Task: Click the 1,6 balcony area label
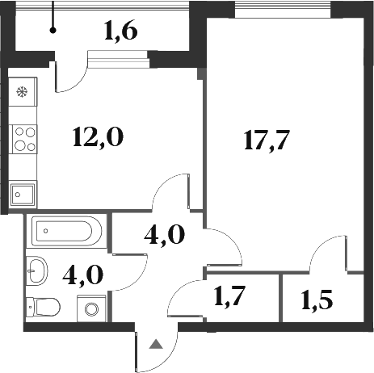pyautogui.click(x=121, y=32)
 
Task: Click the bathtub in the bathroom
pyautogui.click(x=66, y=233)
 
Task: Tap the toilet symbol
pyautogui.click(x=44, y=307)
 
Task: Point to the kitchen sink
pyautogui.click(x=23, y=193)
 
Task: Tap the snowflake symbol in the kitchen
pyautogui.click(x=22, y=92)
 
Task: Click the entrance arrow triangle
pyautogui.click(x=158, y=345)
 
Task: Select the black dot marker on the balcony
pyautogui.click(x=53, y=31)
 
